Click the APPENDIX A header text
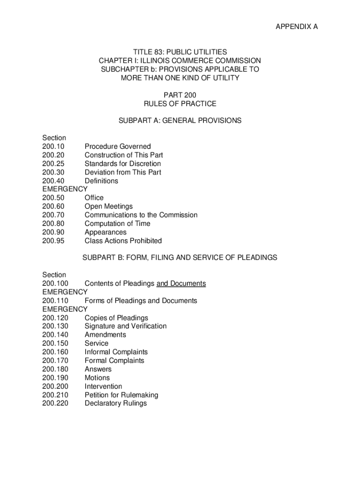coord(296,27)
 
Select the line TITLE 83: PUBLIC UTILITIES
coord(180,52)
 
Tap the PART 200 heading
coord(180,95)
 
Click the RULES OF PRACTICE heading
coord(180,103)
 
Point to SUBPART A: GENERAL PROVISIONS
coord(180,121)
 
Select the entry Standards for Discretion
coord(122,164)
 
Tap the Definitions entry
coord(101,181)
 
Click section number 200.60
coord(53,206)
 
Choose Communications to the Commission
coord(141,215)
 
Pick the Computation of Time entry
coord(117,224)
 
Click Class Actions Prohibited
coord(123,241)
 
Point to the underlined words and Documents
coord(181,283)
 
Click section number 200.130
coord(55,326)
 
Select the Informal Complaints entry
coord(116,352)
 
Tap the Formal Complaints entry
coord(114,361)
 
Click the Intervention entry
coord(103,386)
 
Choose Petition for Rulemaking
coord(121,395)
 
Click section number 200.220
coord(55,403)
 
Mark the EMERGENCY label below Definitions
coord(65,189)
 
